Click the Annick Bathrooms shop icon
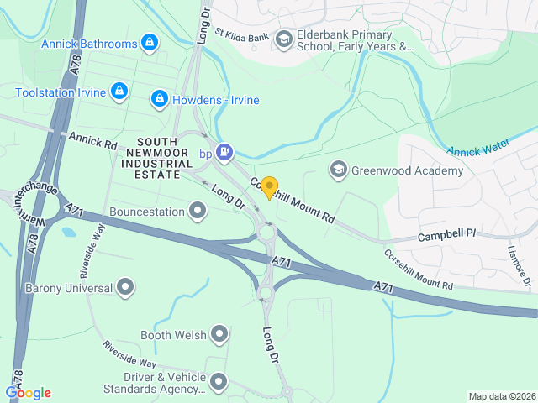coord(150,42)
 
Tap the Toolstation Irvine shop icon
coord(119,90)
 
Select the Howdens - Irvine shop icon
coord(159,100)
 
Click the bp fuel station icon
coord(224,152)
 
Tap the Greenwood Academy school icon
coord(338,170)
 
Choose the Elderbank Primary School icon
coord(283,39)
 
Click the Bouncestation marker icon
coord(198,209)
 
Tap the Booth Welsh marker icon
coord(219,335)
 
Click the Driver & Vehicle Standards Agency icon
coord(219,383)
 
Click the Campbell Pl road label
coord(446,232)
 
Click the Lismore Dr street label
coord(520,265)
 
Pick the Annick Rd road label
coord(92,139)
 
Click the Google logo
coord(28,393)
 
